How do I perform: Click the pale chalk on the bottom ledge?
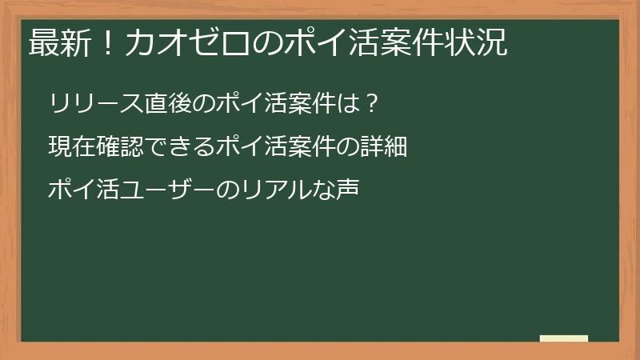564,338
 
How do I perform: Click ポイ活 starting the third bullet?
83,190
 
